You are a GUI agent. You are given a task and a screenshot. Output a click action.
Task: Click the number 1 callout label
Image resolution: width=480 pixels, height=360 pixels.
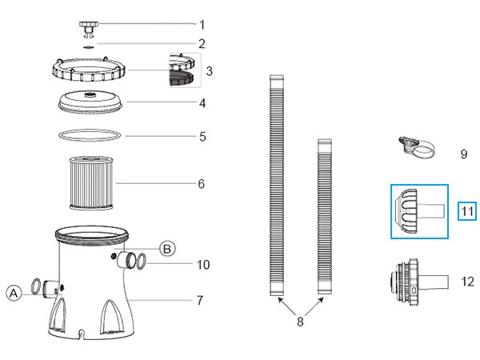pos(202,25)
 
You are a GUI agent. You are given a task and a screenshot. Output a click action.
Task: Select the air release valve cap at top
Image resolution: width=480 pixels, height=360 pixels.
pos(89,30)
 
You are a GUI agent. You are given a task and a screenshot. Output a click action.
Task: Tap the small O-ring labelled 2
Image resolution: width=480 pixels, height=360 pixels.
pos(89,47)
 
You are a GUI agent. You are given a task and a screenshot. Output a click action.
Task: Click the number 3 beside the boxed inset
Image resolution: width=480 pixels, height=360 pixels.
pos(210,71)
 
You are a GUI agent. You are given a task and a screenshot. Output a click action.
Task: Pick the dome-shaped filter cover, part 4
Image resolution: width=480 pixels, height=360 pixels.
pos(90,102)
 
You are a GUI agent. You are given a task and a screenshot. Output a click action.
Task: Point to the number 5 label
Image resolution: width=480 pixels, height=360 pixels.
pos(202,137)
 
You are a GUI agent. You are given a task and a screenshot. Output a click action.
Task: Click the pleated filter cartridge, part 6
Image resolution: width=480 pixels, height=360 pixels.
pos(91,182)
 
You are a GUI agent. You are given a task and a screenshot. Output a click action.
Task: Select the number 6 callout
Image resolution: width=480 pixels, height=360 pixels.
pos(201,184)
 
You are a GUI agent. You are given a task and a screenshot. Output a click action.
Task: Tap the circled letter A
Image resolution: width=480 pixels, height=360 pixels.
pos(14,294)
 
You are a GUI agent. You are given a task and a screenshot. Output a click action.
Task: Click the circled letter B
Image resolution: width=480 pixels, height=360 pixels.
pos(167,249)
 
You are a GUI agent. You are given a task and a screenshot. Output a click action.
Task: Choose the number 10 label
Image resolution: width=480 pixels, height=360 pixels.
pos(203,265)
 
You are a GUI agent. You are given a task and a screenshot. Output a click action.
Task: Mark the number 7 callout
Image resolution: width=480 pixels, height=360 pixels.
pos(200,300)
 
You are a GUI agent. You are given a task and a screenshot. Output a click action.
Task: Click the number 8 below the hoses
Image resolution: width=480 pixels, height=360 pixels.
pos(300,322)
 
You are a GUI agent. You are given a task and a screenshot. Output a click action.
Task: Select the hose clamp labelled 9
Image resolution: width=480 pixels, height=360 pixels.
pos(417,147)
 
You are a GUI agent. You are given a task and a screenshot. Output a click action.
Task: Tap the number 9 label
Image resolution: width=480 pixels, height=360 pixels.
pos(464,154)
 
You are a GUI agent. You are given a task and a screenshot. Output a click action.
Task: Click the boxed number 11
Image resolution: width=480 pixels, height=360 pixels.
pos(467,211)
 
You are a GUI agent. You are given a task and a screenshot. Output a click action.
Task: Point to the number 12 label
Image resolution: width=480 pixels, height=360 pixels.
pos(467,282)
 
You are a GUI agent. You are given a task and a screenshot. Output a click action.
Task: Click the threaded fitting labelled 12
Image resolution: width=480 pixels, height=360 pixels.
pos(419,282)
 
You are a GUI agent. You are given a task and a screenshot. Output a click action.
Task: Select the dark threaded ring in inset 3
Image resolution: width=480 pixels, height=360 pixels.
pos(182,78)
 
